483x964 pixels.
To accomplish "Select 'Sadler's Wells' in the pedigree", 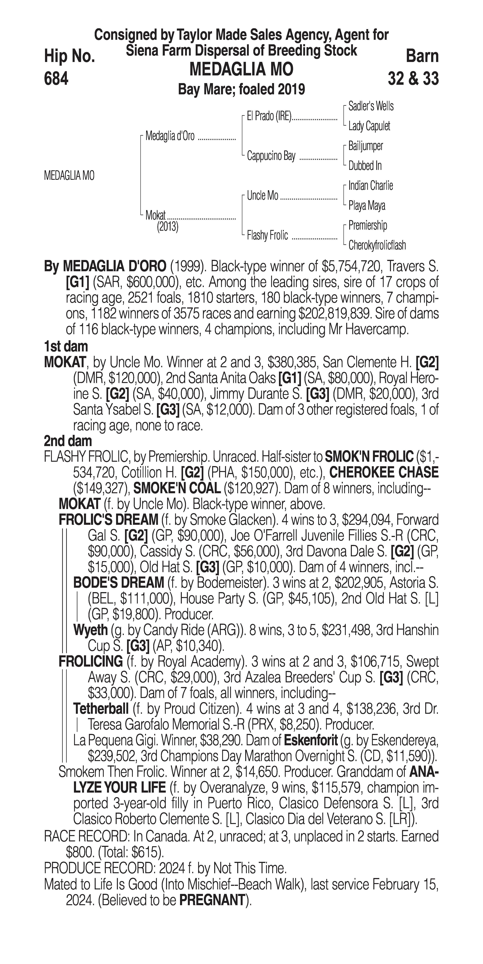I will click(x=371, y=106).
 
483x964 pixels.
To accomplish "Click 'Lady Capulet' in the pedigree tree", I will click(x=369, y=126).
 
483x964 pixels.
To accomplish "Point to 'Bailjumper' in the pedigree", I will click(x=365, y=146).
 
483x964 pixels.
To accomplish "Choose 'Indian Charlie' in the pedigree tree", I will click(x=370, y=186).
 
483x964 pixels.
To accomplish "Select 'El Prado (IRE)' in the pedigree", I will click(x=269, y=116).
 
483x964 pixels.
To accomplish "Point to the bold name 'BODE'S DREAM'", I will click(x=118, y=583).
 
